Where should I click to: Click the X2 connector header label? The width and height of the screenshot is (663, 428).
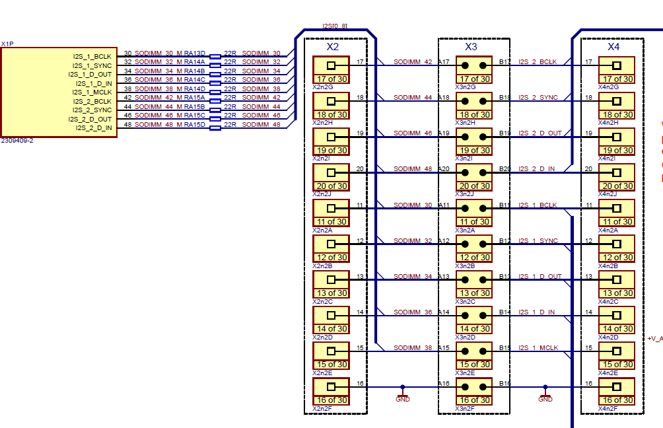[332, 47]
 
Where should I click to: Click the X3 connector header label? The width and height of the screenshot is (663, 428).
[471, 47]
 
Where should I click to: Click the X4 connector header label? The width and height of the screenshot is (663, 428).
[613, 47]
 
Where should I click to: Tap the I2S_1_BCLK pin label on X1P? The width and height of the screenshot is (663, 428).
[92, 57]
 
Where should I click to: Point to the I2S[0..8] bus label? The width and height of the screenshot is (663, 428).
[335, 26]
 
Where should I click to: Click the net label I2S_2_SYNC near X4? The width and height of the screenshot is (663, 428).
[538, 98]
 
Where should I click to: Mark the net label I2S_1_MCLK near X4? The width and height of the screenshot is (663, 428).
[538, 347]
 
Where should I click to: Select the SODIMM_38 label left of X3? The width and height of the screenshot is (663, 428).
[413, 347]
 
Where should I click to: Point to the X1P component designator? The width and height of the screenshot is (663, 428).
[7, 44]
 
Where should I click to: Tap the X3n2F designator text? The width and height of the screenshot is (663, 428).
[465, 409]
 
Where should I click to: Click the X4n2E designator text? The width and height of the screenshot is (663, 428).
[608, 373]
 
